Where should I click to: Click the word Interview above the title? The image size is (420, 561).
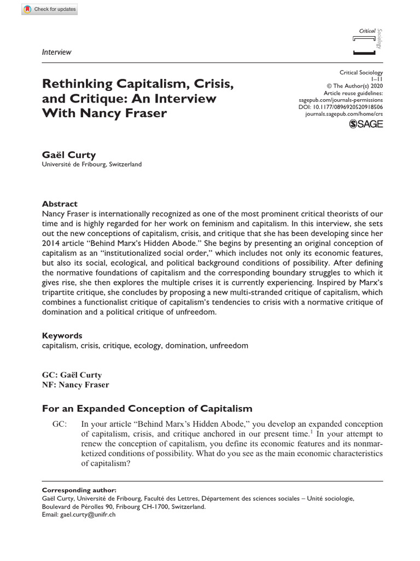tap(57, 52)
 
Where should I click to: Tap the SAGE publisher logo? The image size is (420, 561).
tap(366, 124)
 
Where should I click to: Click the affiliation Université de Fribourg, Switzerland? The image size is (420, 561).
tap(92, 164)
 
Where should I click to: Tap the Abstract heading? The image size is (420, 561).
tap(60, 203)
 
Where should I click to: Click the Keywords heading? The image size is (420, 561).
tap(62, 335)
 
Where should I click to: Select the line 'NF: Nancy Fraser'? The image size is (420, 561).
tap(75, 385)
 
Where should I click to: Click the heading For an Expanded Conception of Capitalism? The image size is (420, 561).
tap(147, 408)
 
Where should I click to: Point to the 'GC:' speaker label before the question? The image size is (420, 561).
tap(60, 425)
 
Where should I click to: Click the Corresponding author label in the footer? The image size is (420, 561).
tap(79, 489)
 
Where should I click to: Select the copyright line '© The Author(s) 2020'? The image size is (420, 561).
tap(354, 87)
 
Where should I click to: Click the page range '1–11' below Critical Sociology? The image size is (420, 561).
tap(377, 79)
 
